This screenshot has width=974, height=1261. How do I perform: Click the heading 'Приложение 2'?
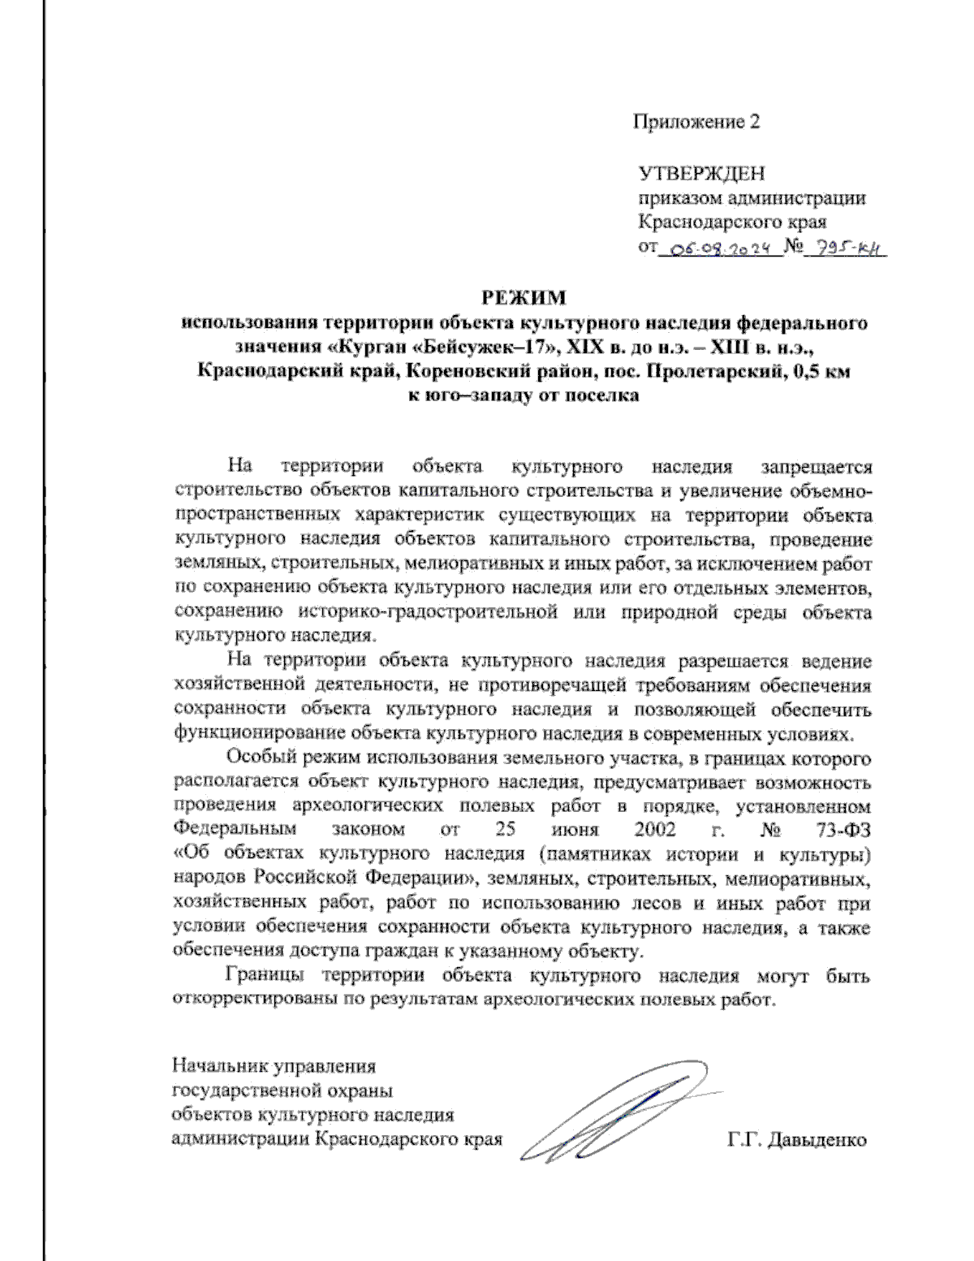pyautogui.click(x=696, y=123)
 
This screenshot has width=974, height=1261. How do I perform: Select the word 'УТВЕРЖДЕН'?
pyautogui.click(x=701, y=174)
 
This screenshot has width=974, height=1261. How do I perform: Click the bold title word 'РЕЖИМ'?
pyautogui.click(x=524, y=298)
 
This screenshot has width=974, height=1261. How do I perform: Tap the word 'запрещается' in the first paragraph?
pyautogui.click(x=816, y=467)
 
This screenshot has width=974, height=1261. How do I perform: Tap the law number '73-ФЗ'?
pyautogui.click(x=839, y=831)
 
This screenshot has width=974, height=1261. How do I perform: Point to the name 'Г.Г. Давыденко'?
pyautogui.click(x=797, y=1140)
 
